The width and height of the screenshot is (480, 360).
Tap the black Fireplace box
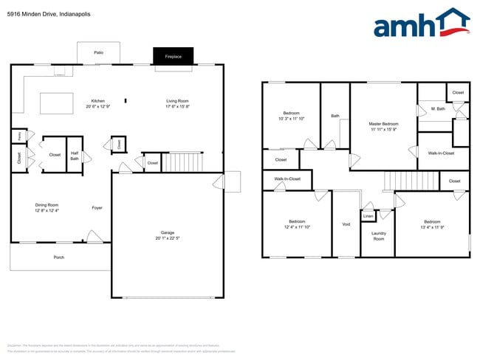coord(173,55)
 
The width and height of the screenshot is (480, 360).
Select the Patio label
coord(98,52)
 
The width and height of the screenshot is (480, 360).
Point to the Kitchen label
coord(98,101)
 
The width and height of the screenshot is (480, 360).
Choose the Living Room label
coord(177,101)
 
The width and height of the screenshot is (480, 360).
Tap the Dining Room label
coord(47,205)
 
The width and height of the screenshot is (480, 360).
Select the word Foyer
coord(97,207)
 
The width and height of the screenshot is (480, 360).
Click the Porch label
coord(59,257)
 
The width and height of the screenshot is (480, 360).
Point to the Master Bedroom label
coord(384,123)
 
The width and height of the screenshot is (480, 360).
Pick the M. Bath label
coord(438,109)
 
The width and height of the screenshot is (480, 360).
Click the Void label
coord(346,224)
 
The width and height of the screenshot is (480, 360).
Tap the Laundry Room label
coord(378,236)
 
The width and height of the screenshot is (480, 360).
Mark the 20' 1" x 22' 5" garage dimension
coord(168,238)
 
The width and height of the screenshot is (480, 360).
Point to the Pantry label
coord(16,135)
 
